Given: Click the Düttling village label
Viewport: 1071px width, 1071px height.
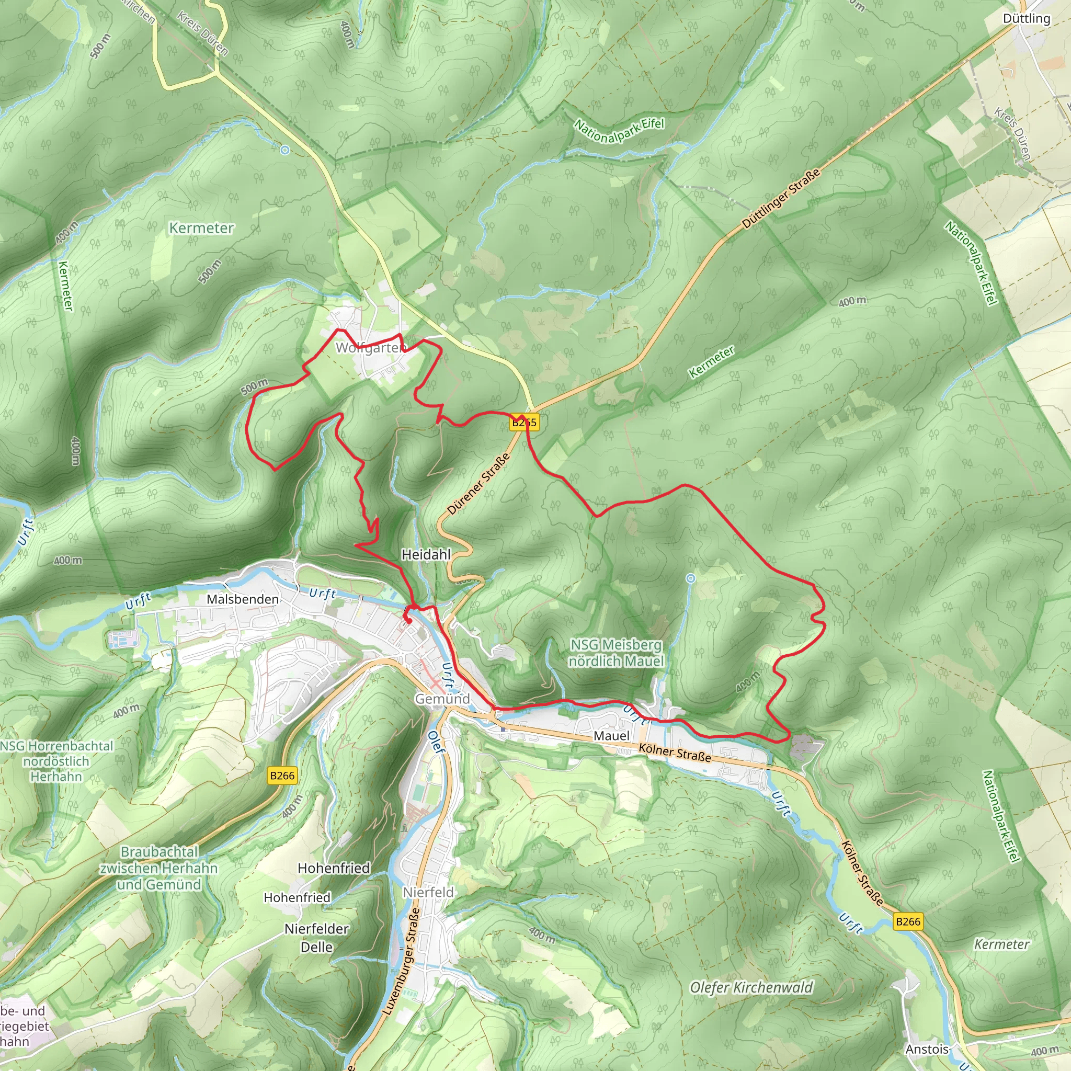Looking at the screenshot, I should (1026, 19).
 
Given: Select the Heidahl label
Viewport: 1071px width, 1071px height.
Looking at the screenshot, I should (426, 554).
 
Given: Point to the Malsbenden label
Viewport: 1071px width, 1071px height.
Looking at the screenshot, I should (242, 599).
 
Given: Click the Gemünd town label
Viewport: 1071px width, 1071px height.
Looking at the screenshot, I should (442, 699).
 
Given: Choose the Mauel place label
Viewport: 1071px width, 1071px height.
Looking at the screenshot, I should (611, 736).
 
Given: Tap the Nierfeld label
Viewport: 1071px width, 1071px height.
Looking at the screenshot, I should (428, 892).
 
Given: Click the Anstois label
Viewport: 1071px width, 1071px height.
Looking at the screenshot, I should (927, 1050).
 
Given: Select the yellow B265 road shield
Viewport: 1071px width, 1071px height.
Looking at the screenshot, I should (524, 423).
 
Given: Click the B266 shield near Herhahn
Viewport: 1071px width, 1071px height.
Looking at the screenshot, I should (282, 776).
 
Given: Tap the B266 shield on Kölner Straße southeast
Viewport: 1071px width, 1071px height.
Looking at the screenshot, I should (908, 921).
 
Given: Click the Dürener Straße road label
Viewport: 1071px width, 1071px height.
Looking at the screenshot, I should (478, 483).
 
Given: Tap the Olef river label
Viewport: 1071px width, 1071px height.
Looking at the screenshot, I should (437, 742).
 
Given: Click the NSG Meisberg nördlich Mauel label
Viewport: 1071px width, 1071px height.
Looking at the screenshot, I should (616, 653).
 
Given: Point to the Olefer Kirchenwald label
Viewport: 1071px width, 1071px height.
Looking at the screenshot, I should (751, 987).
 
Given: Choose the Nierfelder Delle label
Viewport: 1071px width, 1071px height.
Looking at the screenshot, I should (316, 938).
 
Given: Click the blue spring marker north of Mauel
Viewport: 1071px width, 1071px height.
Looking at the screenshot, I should (690, 578).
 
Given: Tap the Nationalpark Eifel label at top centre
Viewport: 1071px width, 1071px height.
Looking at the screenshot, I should (619, 131).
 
